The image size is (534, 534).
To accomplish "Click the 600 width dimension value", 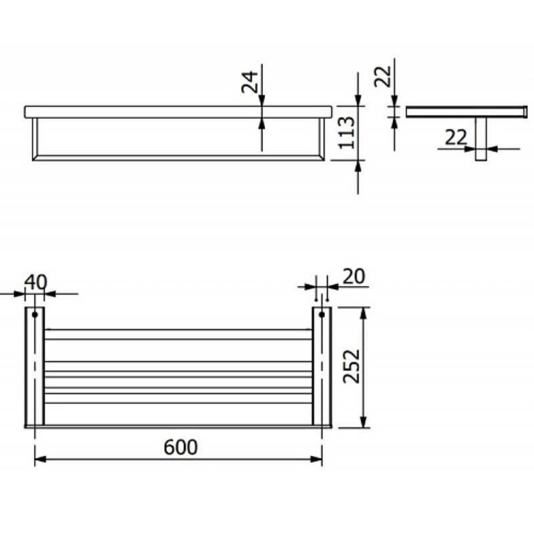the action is click(180, 447).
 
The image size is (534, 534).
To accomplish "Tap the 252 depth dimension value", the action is click(351, 366).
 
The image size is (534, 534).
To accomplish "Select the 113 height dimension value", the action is click(346, 132).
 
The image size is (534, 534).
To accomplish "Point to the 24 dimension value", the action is click(249, 82).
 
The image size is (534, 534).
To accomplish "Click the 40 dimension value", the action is click(36, 282).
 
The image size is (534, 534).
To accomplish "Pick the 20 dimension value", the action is click(354, 276).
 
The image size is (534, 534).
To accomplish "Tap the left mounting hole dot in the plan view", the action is click(35, 314).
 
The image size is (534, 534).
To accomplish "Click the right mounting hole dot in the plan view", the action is click(322, 314).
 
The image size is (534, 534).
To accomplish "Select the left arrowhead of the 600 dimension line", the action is click(40, 459).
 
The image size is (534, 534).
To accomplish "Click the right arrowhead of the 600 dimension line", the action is click(316, 459).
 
